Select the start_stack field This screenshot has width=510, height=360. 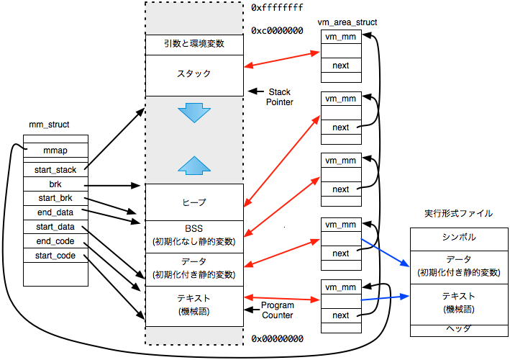(x=55, y=170)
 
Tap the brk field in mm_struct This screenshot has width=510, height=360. (x=55, y=184)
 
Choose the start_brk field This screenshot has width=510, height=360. (x=55, y=198)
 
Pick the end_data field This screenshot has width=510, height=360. (x=55, y=212)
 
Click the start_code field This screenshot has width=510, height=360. (x=55, y=255)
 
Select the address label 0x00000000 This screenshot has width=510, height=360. (x=278, y=338)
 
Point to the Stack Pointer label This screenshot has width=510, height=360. (x=280, y=97)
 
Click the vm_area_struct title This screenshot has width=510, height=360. (x=347, y=22)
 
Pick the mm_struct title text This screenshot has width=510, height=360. (x=49, y=125)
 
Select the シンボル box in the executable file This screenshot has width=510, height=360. (x=458, y=238)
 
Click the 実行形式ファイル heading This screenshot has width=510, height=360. (x=458, y=214)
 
